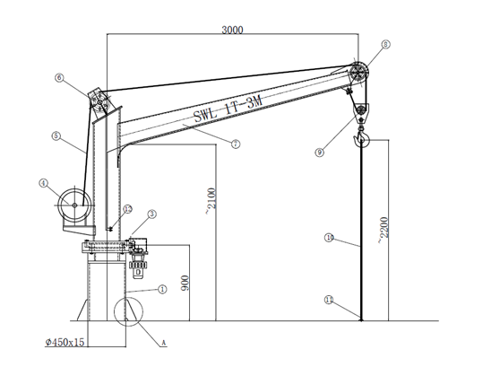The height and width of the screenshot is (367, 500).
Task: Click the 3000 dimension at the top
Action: click(x=231, y=29)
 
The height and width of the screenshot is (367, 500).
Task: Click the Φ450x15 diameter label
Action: click(x=66, y=341)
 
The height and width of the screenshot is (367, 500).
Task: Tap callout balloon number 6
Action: click(x=59, y=79)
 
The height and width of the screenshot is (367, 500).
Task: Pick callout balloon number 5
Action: click(x=56, y=137)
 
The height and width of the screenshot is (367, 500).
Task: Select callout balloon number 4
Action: click(x=42, y=183)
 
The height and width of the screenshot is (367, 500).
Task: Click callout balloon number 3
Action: click(x=152, y=214)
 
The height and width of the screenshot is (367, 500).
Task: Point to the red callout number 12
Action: click(x=127, y=208)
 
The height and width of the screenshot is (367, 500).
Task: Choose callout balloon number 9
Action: click(x=319, y=153)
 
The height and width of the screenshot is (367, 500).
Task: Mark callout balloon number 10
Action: click(x=329, y=238)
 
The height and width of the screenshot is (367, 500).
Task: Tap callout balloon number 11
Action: click(x=329, y=301)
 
